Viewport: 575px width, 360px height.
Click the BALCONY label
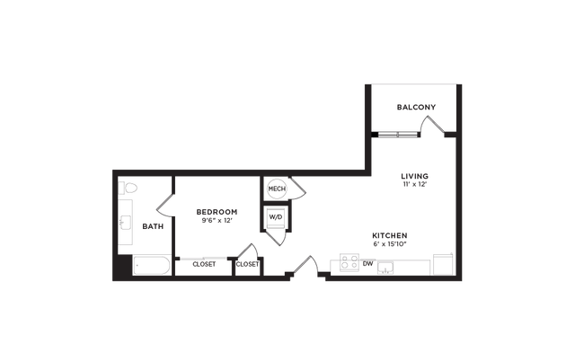click(416, 107)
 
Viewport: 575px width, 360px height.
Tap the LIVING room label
click(414, 176)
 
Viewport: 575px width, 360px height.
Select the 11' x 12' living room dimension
click(414, 184)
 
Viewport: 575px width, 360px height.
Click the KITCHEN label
click(390, 235)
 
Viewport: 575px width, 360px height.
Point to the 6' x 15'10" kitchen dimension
click(390, 244)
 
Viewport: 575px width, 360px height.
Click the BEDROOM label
click(217, 212)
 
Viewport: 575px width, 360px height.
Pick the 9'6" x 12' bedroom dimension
click(217, 220)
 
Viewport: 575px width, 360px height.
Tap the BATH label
click(153, 226)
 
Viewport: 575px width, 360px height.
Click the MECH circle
click(277, 189)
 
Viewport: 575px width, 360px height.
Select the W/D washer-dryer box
click(276, 217)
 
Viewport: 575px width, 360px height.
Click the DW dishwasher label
click(367, 264)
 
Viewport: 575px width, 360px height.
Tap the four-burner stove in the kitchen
click(349, 262)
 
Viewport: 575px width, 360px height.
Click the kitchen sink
click(385, 268)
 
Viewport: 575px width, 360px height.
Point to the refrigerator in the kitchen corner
click(443, 264)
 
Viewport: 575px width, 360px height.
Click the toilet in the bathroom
click(128, 188)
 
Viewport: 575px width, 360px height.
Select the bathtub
click(152, 265)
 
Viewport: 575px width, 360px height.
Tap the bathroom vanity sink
click(126, 223)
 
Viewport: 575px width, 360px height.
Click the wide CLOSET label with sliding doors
click(204, 264)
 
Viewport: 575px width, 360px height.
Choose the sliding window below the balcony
click(398, 135)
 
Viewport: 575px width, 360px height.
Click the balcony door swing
click(432, 125)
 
